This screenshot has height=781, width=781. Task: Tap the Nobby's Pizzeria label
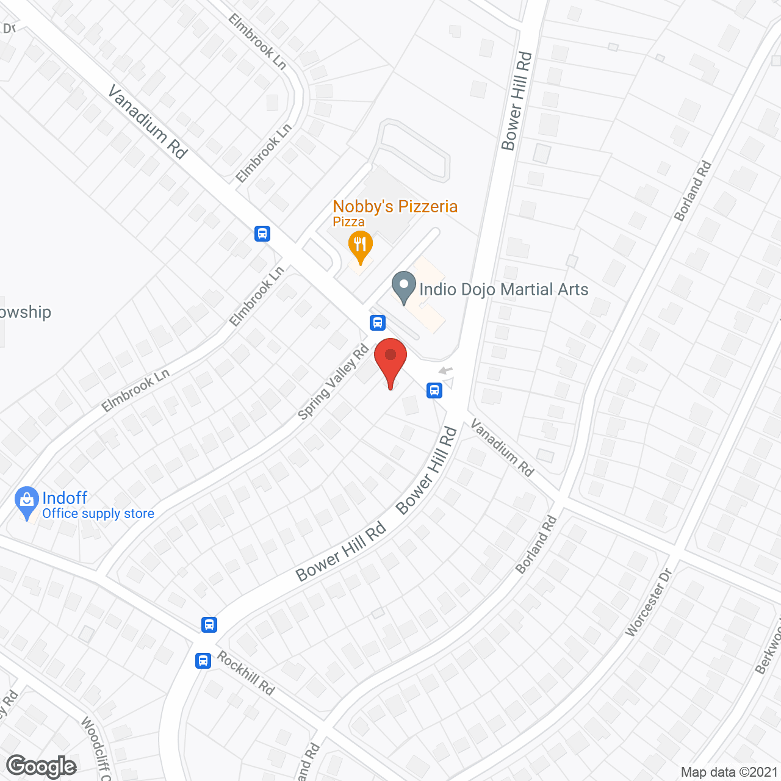[395, 207]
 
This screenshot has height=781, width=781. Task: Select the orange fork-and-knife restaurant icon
[361, 246]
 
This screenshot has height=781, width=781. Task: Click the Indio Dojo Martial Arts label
[503, 289]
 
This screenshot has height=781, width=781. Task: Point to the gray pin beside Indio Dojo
[403, 287]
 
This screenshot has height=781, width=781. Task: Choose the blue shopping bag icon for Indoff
[26, 502]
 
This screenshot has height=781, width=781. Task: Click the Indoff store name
[65, 498]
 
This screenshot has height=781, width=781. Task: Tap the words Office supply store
[98, 514]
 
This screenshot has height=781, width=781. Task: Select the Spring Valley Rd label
[333, 383]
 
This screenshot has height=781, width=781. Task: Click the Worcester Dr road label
[649, 602]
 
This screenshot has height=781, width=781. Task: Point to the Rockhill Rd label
[246, 674]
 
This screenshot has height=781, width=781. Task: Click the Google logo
[41, 766]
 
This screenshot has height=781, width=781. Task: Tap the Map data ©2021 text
[729, 772]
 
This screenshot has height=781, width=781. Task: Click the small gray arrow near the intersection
[445, 370]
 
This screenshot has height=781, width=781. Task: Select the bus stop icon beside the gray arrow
[434, 390]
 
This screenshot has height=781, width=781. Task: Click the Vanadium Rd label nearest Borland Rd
[502, 448]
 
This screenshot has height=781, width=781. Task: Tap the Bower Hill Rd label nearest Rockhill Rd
[341, 552]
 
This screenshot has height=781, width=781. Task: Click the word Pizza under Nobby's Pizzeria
[348, 222]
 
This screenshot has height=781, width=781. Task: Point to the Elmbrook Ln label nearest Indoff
[135, 391]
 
